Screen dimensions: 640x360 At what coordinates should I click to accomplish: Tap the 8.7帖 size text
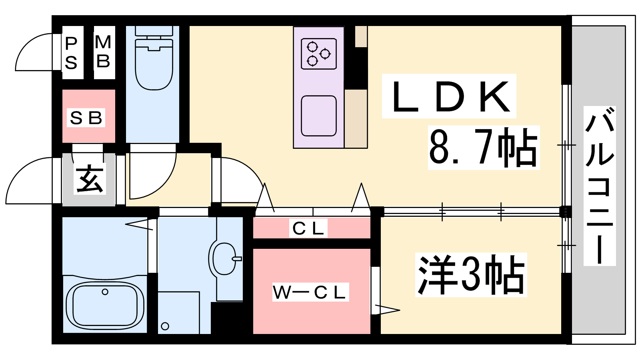point(483,148)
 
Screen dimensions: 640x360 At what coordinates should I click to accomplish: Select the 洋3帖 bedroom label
point(471,275)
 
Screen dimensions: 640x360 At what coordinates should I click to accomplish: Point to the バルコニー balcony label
point(600,186)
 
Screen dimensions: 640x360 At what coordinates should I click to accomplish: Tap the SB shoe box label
point(86,118)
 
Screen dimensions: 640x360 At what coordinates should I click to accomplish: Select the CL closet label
point(308,228)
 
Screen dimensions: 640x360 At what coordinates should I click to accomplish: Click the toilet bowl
point(154,64)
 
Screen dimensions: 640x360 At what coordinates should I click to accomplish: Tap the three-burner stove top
point(318,54)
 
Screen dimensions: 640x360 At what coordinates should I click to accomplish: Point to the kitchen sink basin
point(318,116)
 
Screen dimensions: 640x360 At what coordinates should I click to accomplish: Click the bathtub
point(105,305)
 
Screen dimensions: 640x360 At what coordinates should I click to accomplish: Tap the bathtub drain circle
point(105,292)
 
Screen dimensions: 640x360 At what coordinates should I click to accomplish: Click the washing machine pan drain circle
point(165,326)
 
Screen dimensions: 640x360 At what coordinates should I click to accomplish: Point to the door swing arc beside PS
point(25,43)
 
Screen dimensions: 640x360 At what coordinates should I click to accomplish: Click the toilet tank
point(154,30)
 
